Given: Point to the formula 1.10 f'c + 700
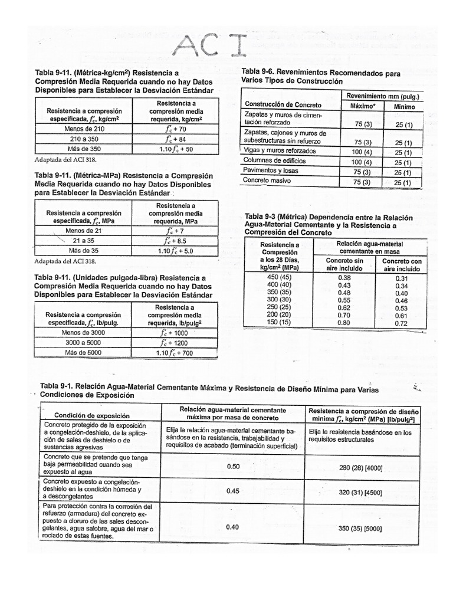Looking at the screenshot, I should [175, 353].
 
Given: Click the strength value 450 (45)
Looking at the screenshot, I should [280, 278].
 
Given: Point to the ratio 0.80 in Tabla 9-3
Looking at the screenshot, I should [344, 323].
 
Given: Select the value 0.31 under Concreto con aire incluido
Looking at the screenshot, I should [402, 278].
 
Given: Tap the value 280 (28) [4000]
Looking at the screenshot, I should [361, 468].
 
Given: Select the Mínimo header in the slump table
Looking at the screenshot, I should [402, 107].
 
